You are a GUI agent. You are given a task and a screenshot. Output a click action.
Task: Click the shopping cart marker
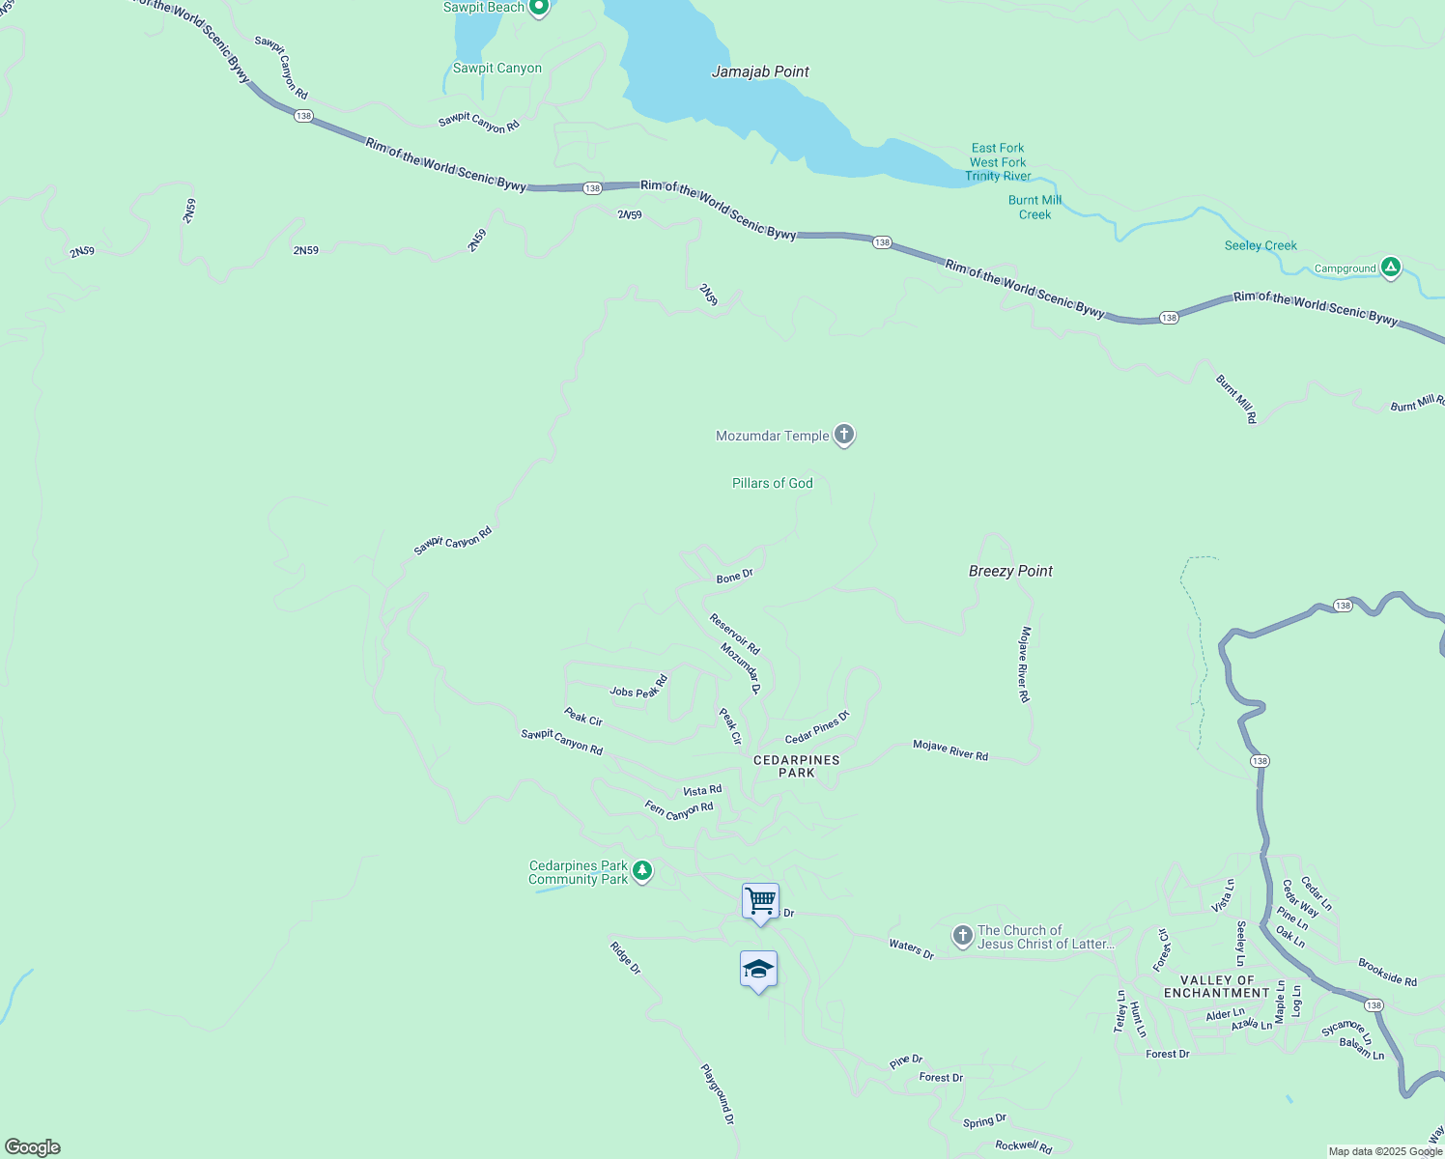[x=760, y=901]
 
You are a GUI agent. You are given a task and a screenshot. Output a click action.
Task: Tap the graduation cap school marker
[x=758, y=969]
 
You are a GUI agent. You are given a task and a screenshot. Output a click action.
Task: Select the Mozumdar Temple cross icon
[x=844, y=436]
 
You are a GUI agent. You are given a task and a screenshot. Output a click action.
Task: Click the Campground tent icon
[x=1390, y=268]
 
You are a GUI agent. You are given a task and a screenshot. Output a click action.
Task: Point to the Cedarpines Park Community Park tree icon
[x=642, y=871]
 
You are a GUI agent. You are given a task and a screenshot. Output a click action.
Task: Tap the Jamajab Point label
[x=760, y=71]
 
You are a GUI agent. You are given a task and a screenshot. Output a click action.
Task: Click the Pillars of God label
[x=772, y=483]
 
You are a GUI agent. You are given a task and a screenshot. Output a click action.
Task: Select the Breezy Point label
[x=1010, y=571]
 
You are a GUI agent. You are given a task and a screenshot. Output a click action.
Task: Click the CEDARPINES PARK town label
[x=797, y=766]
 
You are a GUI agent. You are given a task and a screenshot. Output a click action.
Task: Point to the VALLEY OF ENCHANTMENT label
[x=1216, y=986]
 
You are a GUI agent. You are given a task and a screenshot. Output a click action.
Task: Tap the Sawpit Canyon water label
[x=497, y=69]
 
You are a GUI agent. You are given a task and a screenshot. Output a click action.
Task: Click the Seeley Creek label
[x=1261, y=245]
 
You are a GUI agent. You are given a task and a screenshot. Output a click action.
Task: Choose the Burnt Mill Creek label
[x=1034, y=208]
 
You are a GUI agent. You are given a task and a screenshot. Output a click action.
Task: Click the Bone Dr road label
[x=734, y=577]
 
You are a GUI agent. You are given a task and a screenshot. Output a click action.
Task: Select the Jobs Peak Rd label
[x=638, y=688]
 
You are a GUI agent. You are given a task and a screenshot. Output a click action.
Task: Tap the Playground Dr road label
[x=718, y=1094]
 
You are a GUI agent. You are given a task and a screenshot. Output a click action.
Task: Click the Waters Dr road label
[x=911, y=949]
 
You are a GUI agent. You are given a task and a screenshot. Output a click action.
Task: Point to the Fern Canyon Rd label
[x=679, y=810]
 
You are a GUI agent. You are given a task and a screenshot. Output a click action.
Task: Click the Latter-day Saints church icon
[x=962, y=936]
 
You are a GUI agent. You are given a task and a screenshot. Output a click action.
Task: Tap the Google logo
[x=33, y=1147]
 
